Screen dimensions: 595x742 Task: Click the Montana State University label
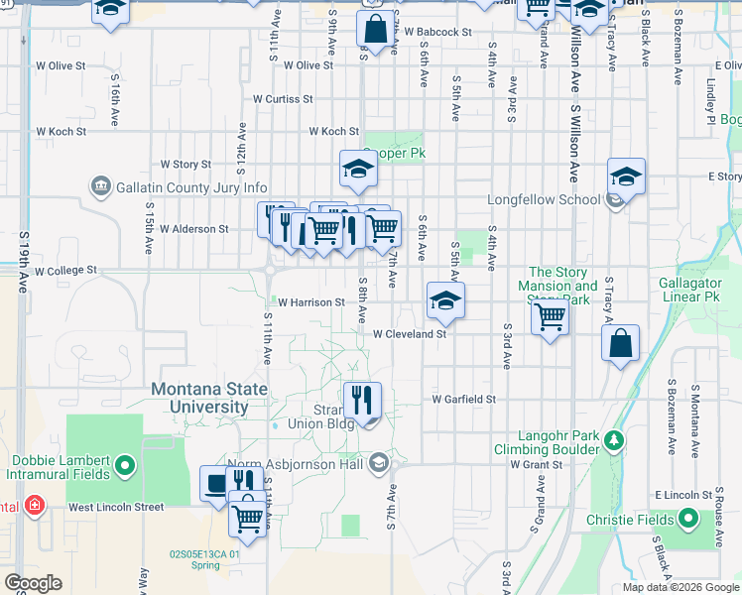208,398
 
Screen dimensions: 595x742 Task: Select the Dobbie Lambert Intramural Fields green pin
124,464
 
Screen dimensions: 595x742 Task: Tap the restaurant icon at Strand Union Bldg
362,400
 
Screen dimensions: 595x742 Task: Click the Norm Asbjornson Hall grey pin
378,462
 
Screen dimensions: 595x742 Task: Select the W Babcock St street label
437,33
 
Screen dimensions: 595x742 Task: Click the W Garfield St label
462,399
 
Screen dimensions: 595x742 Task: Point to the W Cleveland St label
411,334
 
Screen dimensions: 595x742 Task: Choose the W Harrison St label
310,302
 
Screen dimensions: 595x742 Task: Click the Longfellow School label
544,199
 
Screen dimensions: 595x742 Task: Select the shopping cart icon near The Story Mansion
549,318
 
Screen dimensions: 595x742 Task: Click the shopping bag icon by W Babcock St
376,29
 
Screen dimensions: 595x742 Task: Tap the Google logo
33,583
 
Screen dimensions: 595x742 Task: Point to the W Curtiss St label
283,99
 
